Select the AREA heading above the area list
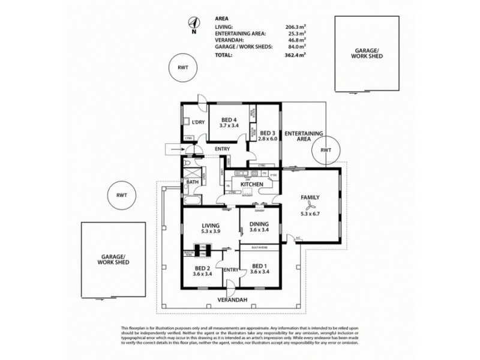pyautogui.click(x=221, y=19)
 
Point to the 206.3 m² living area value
pyautogui.click(x=295, y=28)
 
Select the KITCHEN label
pyautogui.click(x=253, y=185)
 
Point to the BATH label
pyautogui.click(x=193, y=181)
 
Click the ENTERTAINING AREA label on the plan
pyautogui.click(x=304, y=135)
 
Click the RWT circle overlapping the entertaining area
pyautogui.click(x=325, y=149)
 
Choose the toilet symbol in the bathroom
pyautogui.click(x=187, y=164)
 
